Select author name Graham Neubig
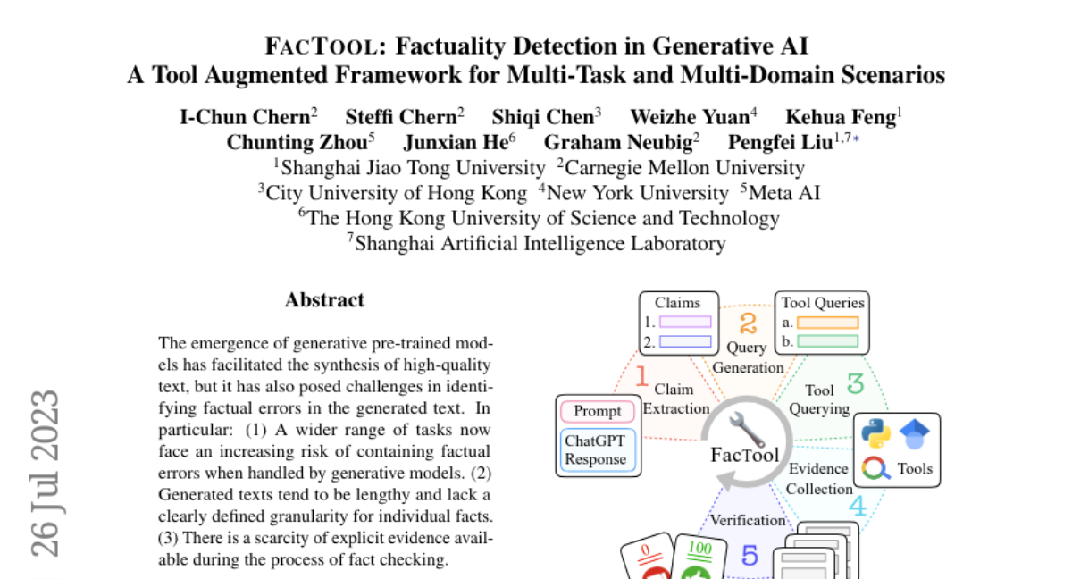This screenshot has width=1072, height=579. (618, 142)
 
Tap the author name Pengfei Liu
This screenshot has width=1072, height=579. (781, 142)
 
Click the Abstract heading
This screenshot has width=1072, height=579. (324, 300)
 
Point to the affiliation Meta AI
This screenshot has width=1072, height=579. (784, 193)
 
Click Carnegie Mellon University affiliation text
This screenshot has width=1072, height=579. (685, 168)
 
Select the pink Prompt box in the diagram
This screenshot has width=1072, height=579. (598, 411)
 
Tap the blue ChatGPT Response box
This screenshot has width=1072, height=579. (598, 449)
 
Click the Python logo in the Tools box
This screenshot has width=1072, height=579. (875, 433)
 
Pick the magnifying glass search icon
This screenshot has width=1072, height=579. (875, 468)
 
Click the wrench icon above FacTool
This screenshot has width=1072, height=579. (747, 429)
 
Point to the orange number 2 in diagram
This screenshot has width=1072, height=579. (748, 323)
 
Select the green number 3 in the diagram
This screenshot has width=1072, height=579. (855, 382)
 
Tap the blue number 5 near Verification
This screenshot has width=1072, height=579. (750, 555)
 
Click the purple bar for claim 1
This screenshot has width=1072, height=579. (685, 322)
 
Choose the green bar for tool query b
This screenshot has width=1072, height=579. (827, 341)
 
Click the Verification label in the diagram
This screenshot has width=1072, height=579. (748, 520)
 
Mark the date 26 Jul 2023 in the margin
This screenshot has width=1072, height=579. (45, 474)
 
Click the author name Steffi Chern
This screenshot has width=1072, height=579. (401, 117)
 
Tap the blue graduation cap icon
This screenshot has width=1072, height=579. (915, 433)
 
